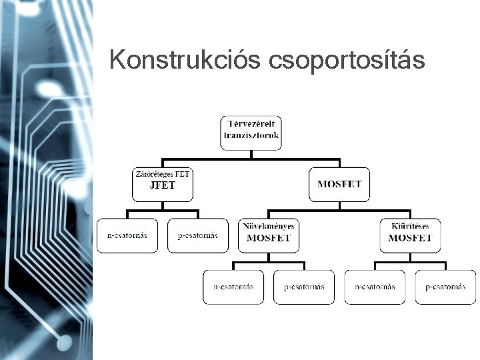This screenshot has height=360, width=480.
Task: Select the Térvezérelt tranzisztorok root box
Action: tap(251, 132)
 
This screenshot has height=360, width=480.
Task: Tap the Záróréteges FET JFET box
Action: tap(163, 184)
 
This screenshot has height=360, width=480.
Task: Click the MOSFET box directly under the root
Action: tap(339, 184)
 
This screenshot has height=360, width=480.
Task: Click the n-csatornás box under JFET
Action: tap(127, 235)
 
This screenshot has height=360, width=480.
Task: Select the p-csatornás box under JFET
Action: tap(198, 235)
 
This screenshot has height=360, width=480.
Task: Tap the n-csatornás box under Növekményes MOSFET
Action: tap(233, 287)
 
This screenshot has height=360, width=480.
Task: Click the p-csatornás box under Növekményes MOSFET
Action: tap(304, 287)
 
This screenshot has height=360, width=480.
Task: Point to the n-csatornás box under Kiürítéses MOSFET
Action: tap(375, 287)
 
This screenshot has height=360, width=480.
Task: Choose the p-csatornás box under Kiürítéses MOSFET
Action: tap(445, 287)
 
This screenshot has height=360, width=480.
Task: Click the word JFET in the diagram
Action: tap(163, 185)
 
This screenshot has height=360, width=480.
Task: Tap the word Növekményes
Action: tap(269, 226)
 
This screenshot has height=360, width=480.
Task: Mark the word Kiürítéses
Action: tap(410, 226)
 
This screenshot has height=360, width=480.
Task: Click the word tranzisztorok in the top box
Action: tap(251, 135)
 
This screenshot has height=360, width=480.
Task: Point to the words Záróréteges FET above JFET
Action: tap(163, 174)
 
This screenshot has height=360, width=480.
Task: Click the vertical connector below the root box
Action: tap(251, 155)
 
